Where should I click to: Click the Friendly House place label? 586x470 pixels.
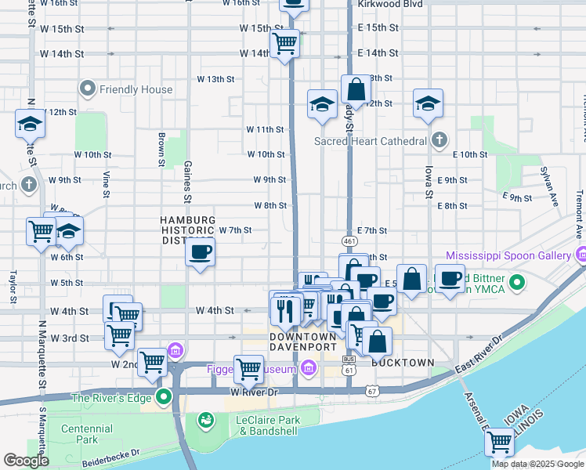point(136,89)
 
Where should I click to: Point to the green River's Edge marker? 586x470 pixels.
point(164,396)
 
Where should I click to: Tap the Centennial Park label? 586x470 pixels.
point(87,435)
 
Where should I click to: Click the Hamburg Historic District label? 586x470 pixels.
point(188,230)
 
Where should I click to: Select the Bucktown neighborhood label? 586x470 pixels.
point(403,363)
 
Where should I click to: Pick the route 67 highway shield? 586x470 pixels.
point(371,389)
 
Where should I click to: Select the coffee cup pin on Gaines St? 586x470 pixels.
point(201,252)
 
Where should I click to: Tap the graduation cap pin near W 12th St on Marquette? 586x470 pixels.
point(30,124)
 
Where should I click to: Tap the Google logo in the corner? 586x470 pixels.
point(26,461)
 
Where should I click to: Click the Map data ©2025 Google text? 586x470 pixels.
point(537,464)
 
